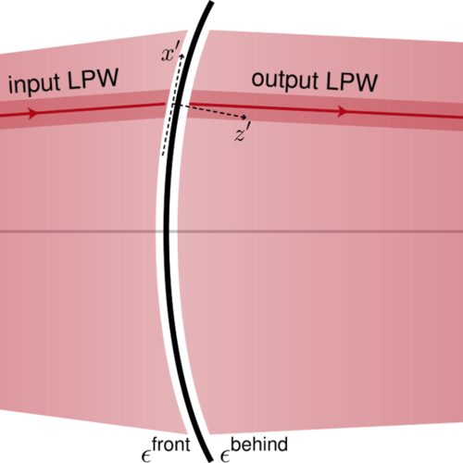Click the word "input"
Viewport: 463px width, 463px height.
[33, 84]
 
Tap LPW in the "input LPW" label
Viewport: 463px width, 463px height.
[94, 79]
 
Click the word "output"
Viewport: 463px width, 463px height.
[285, 80]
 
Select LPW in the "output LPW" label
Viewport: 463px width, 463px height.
[352, 81]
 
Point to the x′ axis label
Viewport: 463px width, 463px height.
[170, 54]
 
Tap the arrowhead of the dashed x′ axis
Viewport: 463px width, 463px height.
[181, 56]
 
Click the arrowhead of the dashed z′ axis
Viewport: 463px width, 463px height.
[244, 117]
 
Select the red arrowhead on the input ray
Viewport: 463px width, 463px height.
[32, 113]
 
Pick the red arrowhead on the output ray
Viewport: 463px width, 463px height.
[343, 111]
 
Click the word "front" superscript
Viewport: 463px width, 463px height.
[171, 444]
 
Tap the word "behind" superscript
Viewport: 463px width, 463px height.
[259, 444]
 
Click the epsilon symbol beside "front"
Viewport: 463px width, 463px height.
[145, 457]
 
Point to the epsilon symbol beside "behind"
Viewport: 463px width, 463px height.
[225, 457]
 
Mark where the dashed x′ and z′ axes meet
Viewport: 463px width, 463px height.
[173, 105]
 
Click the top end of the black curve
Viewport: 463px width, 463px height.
[211, 3]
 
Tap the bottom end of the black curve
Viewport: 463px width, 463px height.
[210, 460]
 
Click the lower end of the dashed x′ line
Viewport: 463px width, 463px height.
[163, 155]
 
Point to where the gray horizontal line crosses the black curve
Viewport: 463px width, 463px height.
[167, 231]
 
